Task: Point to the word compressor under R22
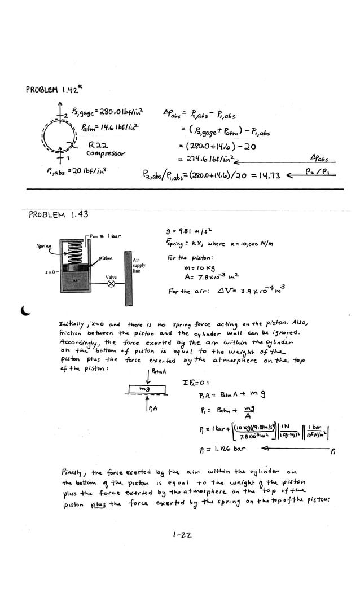[x=106, y=153]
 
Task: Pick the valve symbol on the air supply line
[x=111, y=284]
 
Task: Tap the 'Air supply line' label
[x=140, y=265]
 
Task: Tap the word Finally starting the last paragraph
[x=75, y=471]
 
